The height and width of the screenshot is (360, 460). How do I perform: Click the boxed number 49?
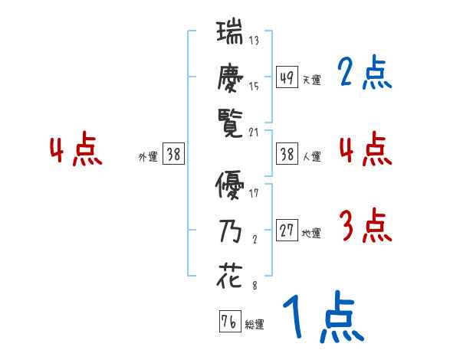(287, 77)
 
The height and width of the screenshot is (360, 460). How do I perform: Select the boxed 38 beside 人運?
(287, 154)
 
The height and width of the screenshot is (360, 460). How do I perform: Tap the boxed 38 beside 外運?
(173, 154)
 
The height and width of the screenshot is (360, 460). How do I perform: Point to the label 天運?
(311, 80)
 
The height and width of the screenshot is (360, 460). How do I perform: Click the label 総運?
(255, 324)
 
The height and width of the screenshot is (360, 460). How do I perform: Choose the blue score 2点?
(364, 74)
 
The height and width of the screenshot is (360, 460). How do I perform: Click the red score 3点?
(364, 227)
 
